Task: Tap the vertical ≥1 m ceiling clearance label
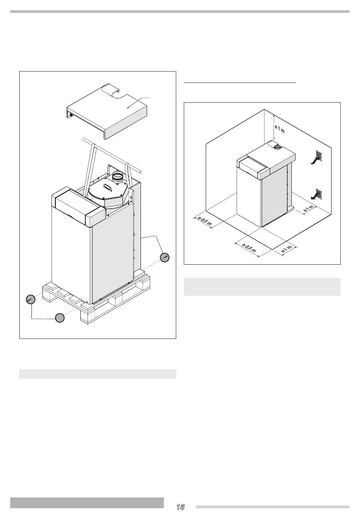point(280,129)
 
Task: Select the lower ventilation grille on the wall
point(319,194)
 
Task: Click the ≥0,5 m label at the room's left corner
point(204,221)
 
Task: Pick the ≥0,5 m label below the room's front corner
point(249,248)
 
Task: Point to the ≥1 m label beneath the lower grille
point(308,209)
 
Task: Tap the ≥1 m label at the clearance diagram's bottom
point(287,250)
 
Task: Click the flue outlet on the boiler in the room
point(278,146)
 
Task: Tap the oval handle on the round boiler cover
point(107,187)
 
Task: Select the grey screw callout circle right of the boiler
point(164,257)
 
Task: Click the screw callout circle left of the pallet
point(31,299)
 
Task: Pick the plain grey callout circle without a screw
point(60,318)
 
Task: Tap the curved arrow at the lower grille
point(315,196)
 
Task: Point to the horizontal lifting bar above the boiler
point(112,155)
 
